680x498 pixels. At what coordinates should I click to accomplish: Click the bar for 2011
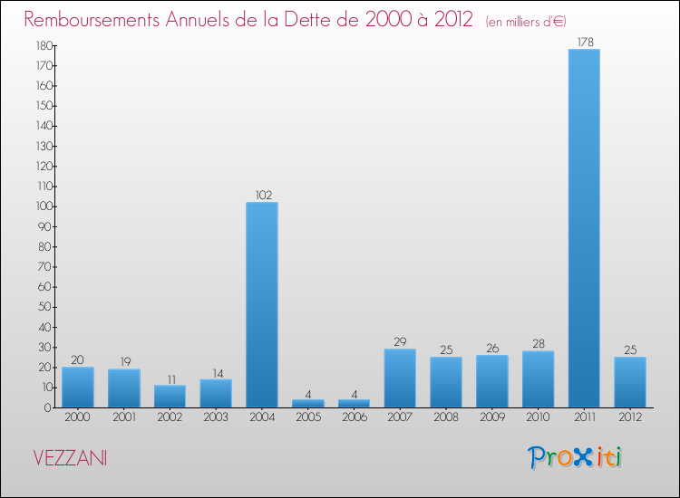(x=584, y=228)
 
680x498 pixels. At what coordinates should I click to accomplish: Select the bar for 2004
(x=262, y=304)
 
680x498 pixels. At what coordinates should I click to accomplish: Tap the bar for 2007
(x=400, y=378)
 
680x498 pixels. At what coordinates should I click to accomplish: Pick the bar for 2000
(x=78, y=387)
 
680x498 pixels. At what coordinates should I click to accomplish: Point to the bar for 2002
(x=170, y=397)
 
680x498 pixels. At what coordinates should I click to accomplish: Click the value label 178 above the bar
(x=584, y=41)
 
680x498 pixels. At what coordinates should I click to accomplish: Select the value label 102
(x=262, y=194)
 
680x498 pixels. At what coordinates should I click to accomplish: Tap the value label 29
(x=400, y=341)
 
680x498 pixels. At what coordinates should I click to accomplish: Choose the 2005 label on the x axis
(x=308, y=419)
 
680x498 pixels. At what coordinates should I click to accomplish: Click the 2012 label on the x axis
(x=630, y=419)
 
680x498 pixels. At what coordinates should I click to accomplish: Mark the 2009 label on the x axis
(x=492, y=419)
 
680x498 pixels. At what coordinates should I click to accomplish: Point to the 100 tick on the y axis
(x=42, y=206)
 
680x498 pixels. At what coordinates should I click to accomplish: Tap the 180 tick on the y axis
(x=42, y=45)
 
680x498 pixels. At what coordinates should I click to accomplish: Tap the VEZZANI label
(x=69, y=458)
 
